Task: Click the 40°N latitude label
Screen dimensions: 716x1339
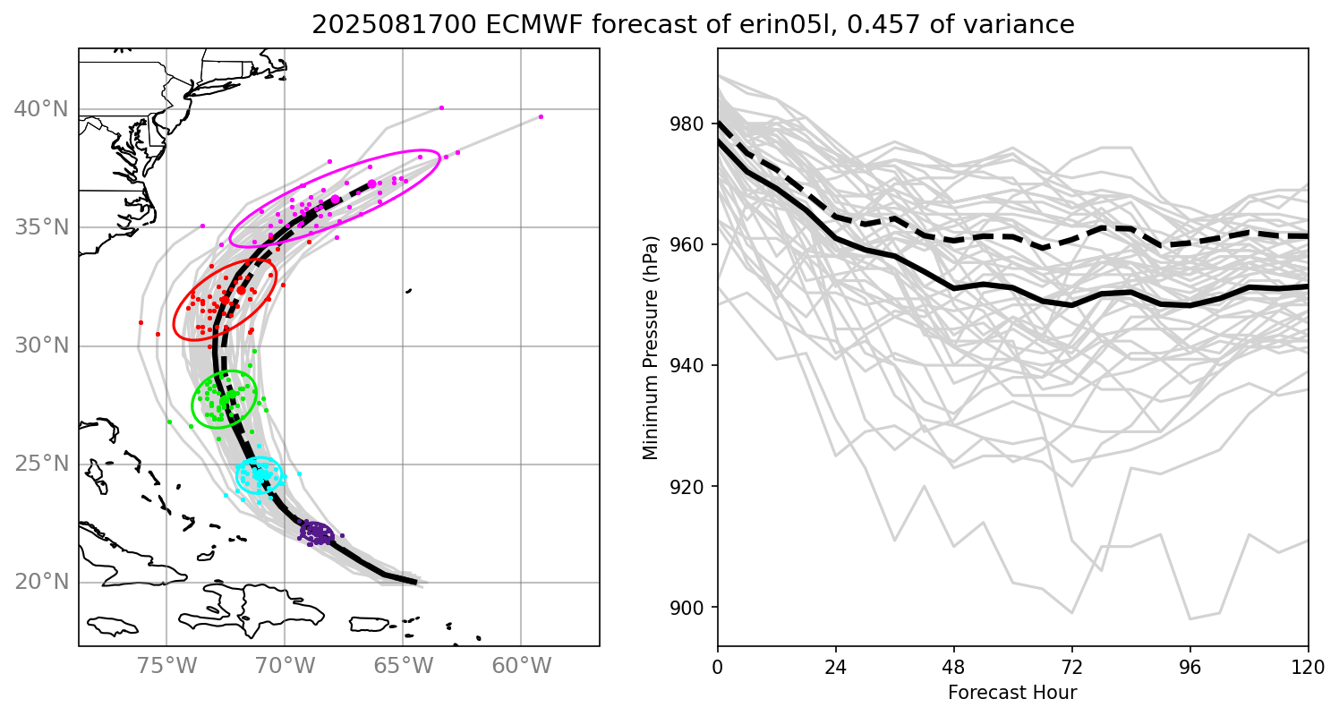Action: [41, 109]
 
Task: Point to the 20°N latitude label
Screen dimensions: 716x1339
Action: [41, 583]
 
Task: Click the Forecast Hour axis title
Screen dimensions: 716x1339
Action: [1012, 692]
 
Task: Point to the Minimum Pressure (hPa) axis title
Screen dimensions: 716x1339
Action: [651, 347]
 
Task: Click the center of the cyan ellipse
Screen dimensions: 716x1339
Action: [260, 475]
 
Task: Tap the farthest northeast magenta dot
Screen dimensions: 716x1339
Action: [541, 116]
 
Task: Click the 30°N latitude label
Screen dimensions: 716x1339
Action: [41, 346]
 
